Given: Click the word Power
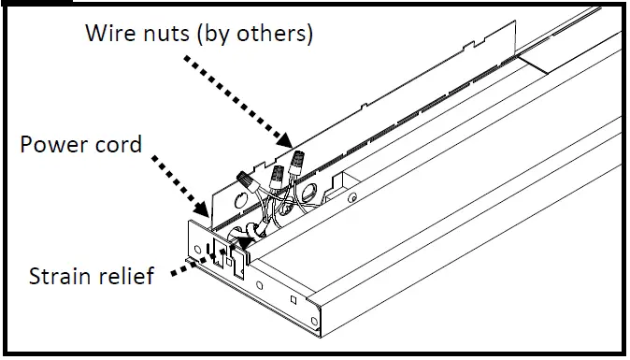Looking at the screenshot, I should [x=52, y=146].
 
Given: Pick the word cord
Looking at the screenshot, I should [x=119, y=146].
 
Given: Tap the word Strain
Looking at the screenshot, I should [x=59, y=277].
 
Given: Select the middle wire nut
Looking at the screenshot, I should [x=277, y=174].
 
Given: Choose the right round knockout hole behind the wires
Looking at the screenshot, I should [x=306, y=194].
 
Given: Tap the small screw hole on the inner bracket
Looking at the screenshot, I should [x=351, y=197].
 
